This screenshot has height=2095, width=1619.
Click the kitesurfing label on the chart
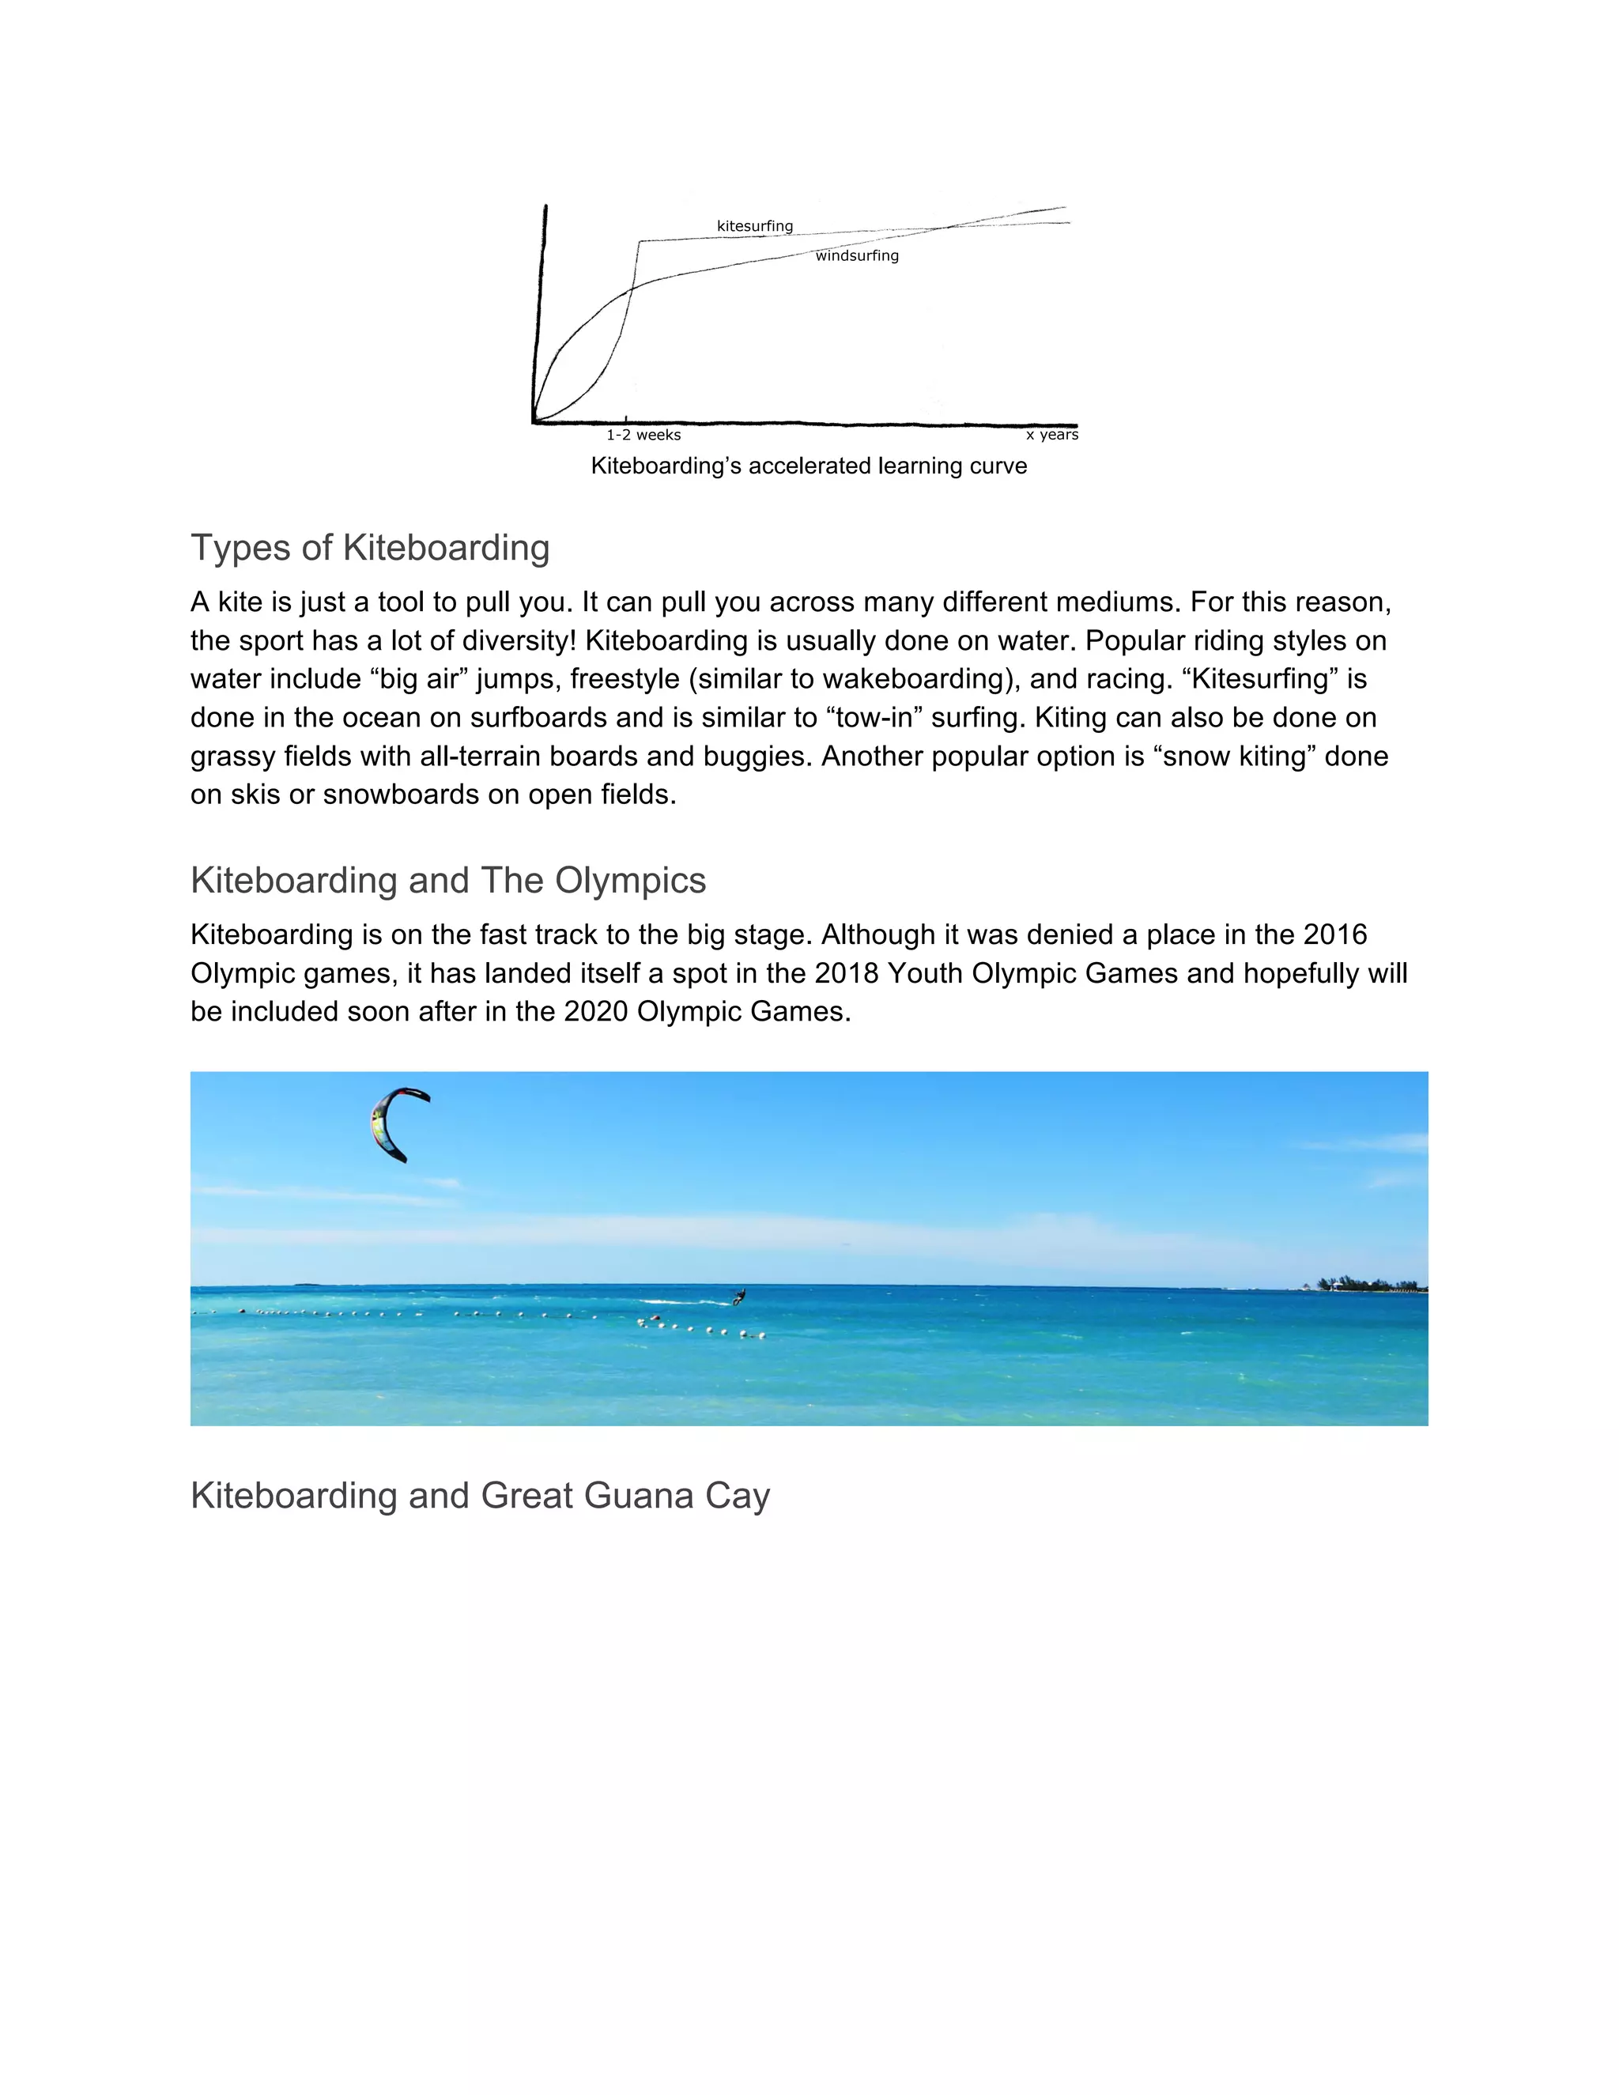point(755,226)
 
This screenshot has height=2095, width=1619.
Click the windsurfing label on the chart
point(856,256)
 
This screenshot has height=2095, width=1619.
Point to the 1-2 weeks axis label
point(643,436)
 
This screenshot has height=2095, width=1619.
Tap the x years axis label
point(1052,435)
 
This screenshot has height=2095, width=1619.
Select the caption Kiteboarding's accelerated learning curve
point(809,466)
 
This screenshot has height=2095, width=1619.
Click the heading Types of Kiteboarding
point(370,548)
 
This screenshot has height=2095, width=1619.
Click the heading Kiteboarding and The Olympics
point(448,881)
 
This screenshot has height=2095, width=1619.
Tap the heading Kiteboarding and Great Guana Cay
point(480,1496)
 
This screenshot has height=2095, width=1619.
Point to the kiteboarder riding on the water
point(738,1297)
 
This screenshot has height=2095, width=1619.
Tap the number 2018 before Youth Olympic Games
point(846,974)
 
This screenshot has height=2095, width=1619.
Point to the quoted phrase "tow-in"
point(875,718)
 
